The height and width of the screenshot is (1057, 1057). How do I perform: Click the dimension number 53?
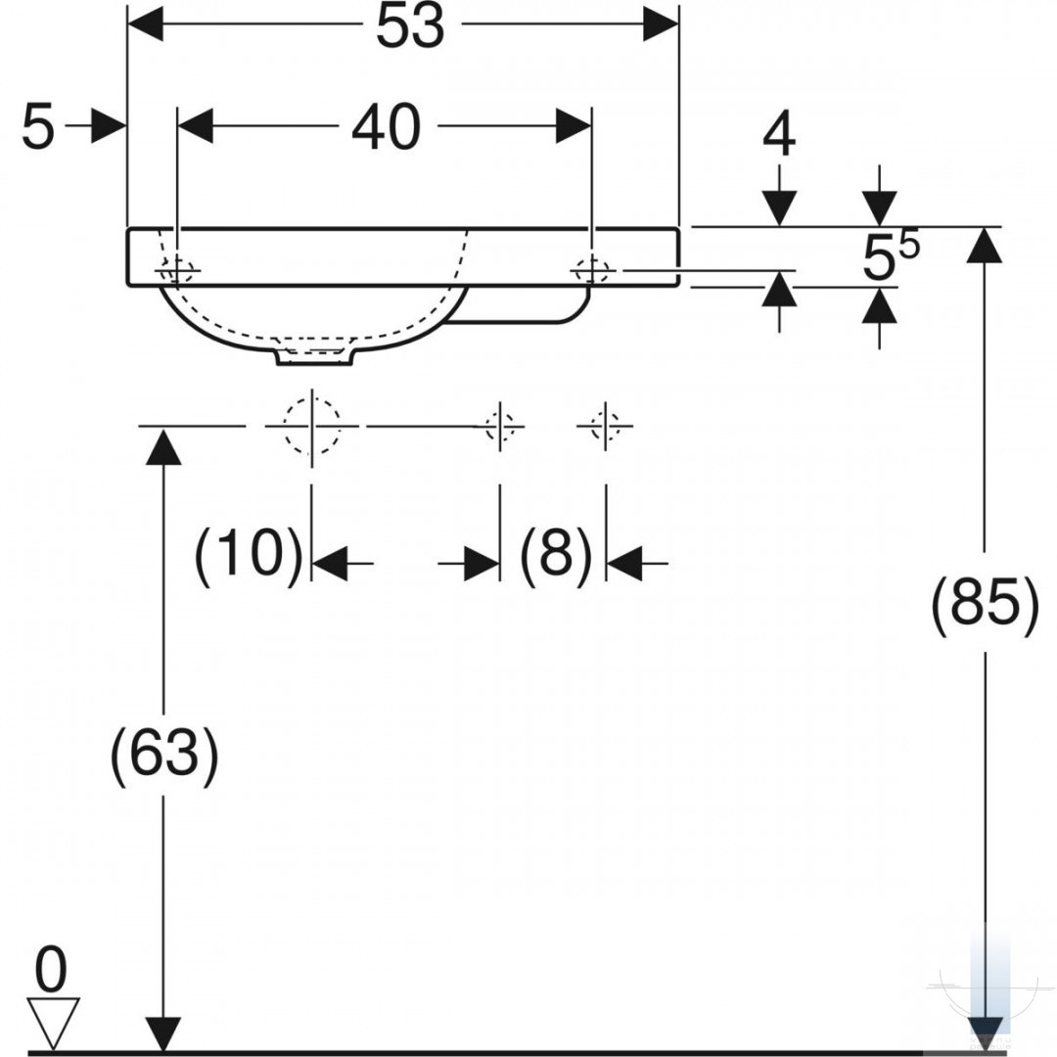(410, 26)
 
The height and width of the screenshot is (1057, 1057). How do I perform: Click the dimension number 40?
(387, 126)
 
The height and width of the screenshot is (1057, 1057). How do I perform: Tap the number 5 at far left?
(37, 126)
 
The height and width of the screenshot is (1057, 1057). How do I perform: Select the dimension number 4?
(779, 134)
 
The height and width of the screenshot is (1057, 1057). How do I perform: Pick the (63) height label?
(163, 754)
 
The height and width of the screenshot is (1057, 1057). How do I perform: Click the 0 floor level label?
(51, 969)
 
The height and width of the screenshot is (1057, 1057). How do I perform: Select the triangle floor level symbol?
(53, 1024)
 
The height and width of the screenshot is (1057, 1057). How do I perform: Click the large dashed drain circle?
(311, 426)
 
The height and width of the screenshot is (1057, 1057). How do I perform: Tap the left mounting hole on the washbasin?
(176, 272)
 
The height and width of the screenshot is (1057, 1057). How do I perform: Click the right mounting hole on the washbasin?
(592, 272)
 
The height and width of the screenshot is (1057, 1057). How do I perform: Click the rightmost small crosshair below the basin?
(606, 426)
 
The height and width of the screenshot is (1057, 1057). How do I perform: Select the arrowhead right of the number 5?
(109, 125)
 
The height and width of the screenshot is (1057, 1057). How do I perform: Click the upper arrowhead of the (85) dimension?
(985, 245)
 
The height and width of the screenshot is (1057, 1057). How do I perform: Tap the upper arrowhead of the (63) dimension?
(163, 445)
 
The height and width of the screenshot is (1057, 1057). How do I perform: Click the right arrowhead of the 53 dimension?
(660, 24)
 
